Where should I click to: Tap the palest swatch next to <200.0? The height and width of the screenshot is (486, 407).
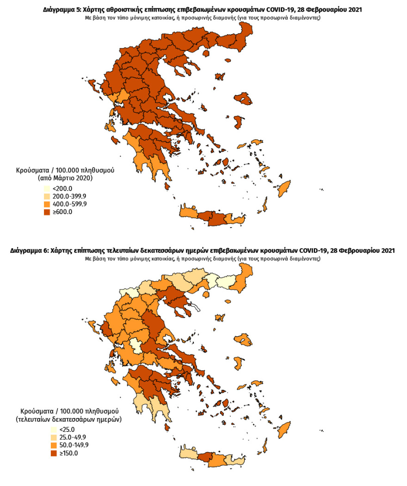tap(47, 189)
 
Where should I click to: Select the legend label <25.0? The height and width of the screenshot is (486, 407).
tap(67, 430)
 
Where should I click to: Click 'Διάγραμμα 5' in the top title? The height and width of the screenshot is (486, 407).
tap(61, 9)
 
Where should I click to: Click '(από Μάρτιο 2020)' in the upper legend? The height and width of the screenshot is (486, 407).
tap(65, 178)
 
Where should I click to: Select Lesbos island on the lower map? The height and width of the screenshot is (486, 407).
tap(243, 341)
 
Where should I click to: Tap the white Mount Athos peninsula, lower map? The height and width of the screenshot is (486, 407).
tap(197, 306)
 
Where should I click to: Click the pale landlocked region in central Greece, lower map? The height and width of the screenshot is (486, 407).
tap(135, 345)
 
